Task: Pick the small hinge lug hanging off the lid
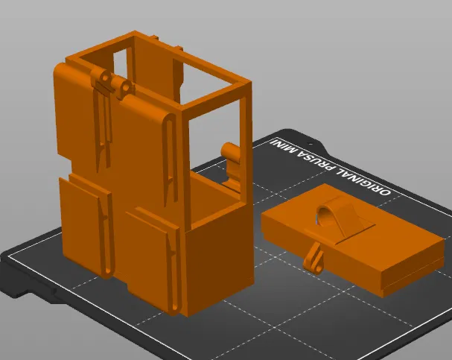coord(316,257)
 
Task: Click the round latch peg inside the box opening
coord(232,154)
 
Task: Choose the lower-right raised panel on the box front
coord(149,257)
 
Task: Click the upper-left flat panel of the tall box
coord(74,112)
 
